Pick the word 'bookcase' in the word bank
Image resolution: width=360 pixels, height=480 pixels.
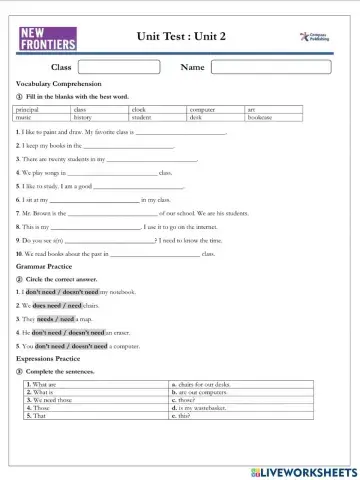click(x=260, y=117)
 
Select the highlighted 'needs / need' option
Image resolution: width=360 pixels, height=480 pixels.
click(x=56, y=318)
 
